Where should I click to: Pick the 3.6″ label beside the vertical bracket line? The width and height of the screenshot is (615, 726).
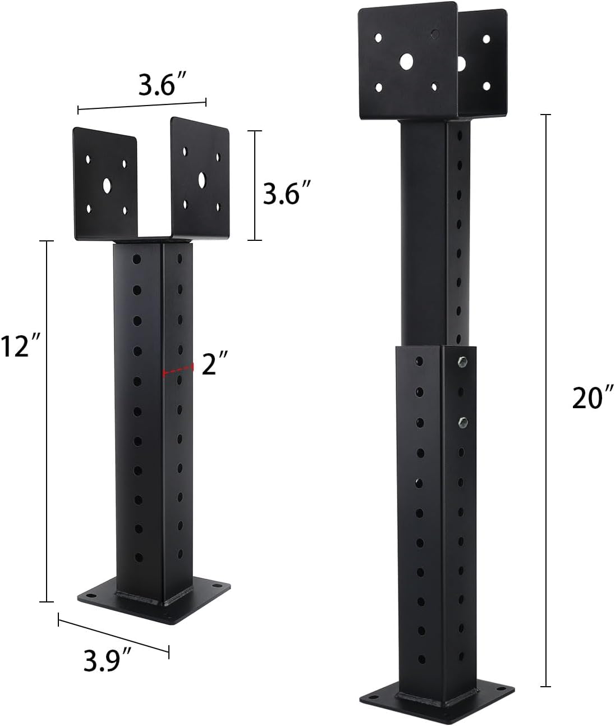click(x=287, y=193)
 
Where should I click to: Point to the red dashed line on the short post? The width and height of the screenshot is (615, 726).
click(x=177, y=370)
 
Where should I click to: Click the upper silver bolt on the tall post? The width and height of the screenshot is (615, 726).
click(x=462, y=361)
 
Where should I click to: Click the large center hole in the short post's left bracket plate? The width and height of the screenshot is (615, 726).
click(x=106, y=184)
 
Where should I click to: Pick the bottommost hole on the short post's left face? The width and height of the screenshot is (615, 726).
click(x=139, y=558)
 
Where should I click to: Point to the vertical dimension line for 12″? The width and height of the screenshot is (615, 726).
click(x=46, y=421)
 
